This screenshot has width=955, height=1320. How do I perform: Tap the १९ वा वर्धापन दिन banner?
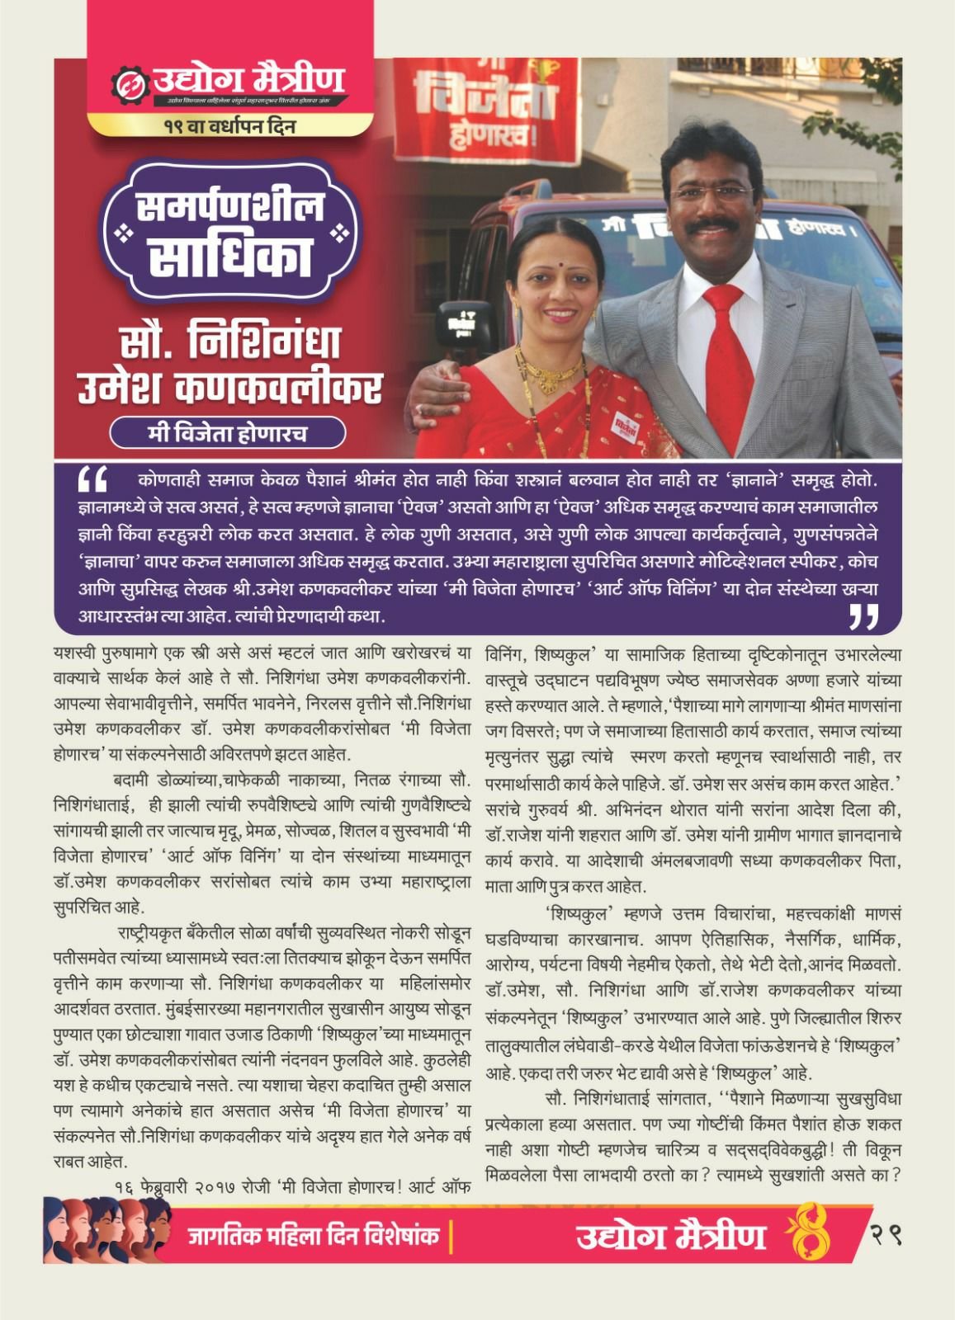click(229, 127)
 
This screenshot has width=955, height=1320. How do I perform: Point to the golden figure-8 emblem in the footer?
click(815, 1236)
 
